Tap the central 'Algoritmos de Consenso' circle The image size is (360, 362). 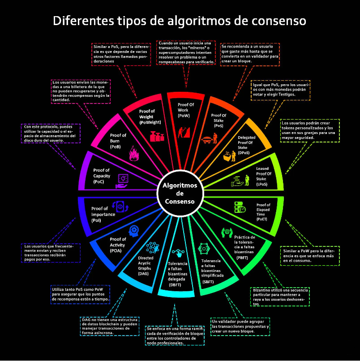tap(180, 194)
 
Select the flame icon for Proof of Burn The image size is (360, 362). tap(134, 153)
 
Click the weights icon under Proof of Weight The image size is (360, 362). tap(157, 136)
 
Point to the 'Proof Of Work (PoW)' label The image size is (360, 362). tap(185, 110)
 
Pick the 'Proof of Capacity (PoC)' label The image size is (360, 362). tap(102, 176)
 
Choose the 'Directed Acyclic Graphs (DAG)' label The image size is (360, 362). tap(146, 266)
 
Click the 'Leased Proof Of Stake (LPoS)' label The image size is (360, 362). tap(264, 177)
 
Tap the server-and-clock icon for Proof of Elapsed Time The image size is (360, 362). tap(240, 207)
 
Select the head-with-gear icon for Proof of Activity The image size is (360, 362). tap(134, 231)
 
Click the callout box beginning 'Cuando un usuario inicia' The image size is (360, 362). tap(186, 52)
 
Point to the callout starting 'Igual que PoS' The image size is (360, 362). tap(280, 90)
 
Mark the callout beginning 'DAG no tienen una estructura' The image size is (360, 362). tap(110, 326)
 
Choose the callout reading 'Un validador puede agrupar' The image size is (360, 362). tap(240, 327)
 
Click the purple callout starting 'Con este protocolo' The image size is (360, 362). tap(51, 134)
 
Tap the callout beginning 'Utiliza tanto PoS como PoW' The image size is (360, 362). tap(80, 294)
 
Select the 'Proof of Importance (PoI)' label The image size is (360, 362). tap(103, 215)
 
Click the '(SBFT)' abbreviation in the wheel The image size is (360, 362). tap(208, 282)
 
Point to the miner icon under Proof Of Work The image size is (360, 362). tap(184, 132)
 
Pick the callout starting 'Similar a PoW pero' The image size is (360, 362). tap(310, 256)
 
